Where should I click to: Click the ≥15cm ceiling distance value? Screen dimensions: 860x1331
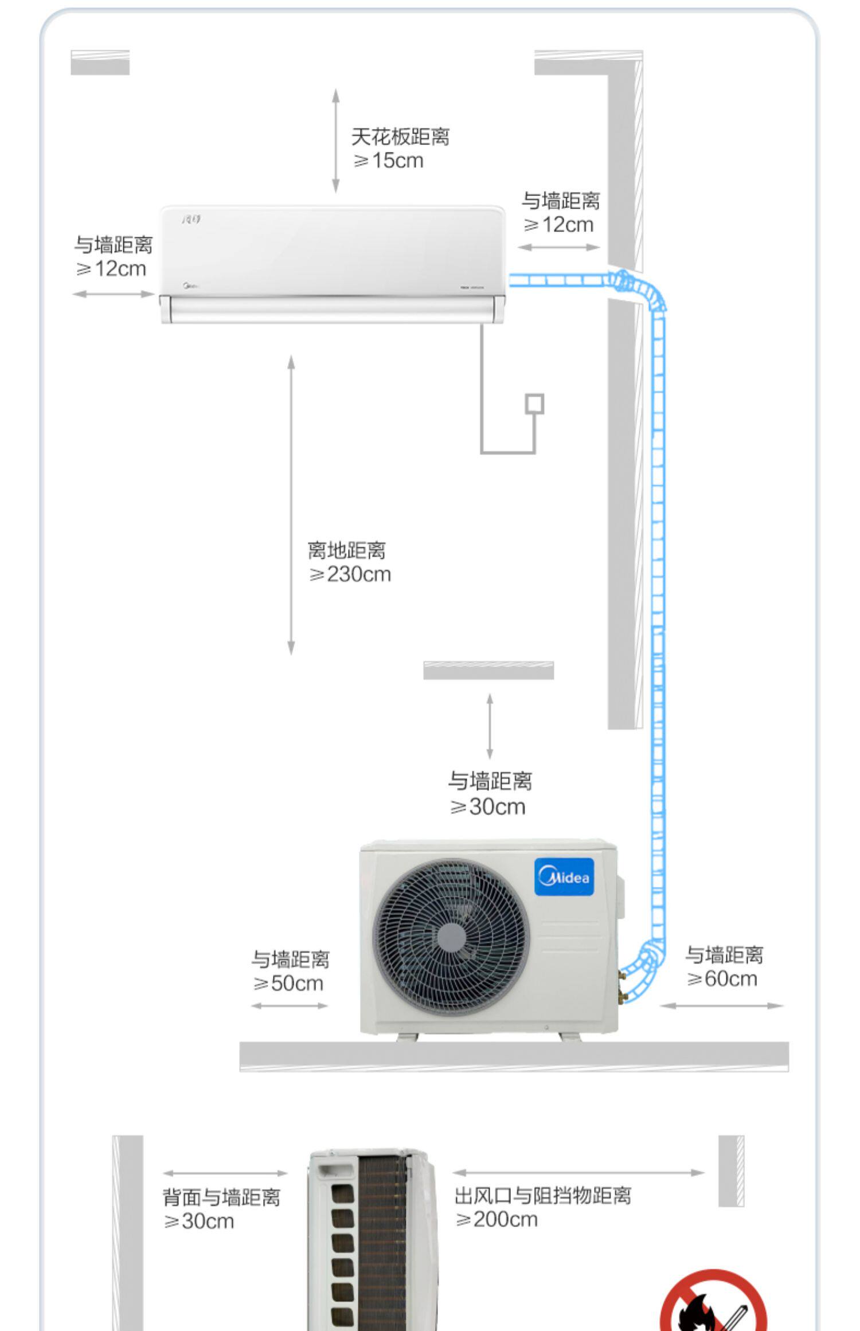pyautogui.click(x=388, y=160)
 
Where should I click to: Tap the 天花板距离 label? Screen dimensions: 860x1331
pyautogui.click(x=400, y=136)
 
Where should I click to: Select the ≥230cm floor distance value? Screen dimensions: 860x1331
pyautogui.click(x=350, y=574)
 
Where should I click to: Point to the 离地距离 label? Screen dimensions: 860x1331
pyautogui.click(x=347, y=550)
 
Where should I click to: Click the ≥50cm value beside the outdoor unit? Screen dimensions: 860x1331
pyautogui.click(x=288, y=983)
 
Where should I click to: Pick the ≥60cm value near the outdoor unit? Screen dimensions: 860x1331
pyautogui.click(x=722, y=978)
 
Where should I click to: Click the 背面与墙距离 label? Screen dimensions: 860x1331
pyautogui.click(x=221, y=1197)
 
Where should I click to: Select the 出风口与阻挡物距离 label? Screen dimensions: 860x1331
pyautogui.click(x=542, y=1196)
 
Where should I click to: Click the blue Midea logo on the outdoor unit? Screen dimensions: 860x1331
pyautogui.click(x=564, y=876)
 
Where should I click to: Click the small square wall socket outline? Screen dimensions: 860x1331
pyautogui.click(x=535, y=404)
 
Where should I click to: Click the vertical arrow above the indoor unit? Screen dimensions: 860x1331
pyautogui.click(x=336, y=140)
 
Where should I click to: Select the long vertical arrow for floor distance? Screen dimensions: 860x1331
pyautogui.click(x=291, y=504)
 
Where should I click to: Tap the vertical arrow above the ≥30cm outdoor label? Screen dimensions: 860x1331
pyautogui.click(x=489, y=726)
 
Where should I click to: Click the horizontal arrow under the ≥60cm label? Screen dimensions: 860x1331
pyautogui.click(x=721, y=1005)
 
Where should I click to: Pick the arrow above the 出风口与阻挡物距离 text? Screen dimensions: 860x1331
pyautogui.click(x=578, y=1173)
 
